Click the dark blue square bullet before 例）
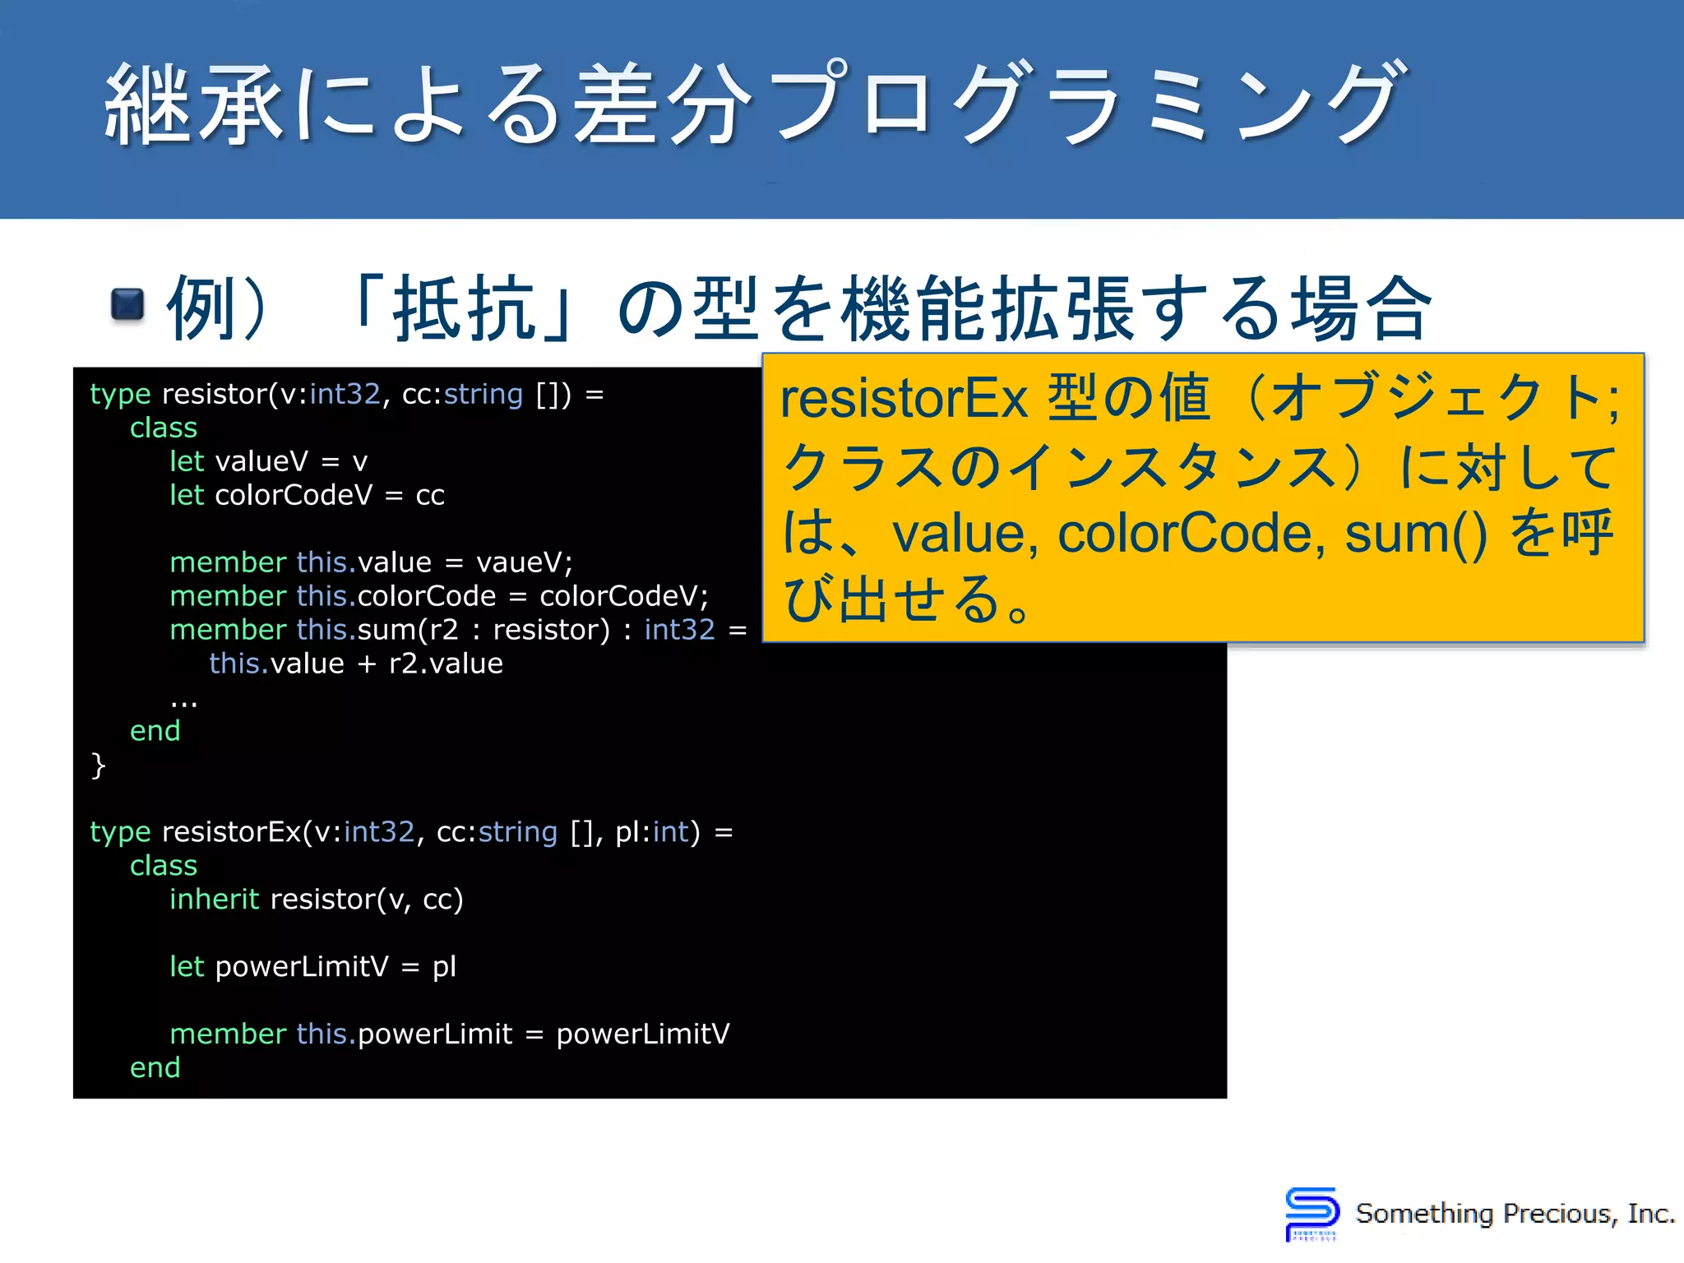tap(127, 304)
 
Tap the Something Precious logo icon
tap(1312, 1213)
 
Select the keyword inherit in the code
tap(214, 899)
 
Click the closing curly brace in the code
tap(98, 766)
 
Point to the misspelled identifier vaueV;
tap(524, 562)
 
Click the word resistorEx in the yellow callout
tap(904, 399)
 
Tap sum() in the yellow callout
tap(1415, 534)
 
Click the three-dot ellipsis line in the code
tap(183, 701)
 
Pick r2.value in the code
tap(446, 664)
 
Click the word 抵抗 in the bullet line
tap(465, 308)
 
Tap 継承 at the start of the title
tap(193, 104)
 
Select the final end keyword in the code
tap(155, 1067)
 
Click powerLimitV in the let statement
tap(301, 966)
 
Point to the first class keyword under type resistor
tap(164, 428)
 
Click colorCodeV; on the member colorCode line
tap(623, 596)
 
